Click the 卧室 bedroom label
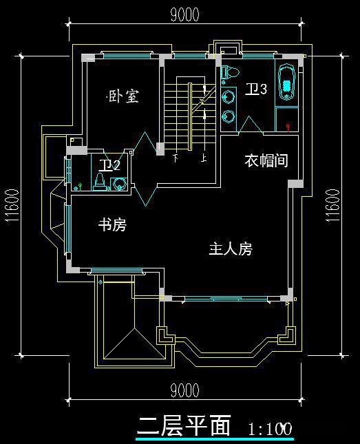tap(124, 96)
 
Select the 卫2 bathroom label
tap(109, 165)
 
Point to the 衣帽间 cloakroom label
tap(266, 160)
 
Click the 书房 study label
tap(112, 225)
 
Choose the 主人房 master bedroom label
tap(230, 249)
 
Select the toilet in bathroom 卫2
tap(99, 181)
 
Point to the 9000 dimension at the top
tap(184, 14)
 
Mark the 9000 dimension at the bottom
tap(184, 391)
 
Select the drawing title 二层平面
tap(184, 425)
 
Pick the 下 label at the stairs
tap(176, 158)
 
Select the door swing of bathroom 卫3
tap(249, 124)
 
